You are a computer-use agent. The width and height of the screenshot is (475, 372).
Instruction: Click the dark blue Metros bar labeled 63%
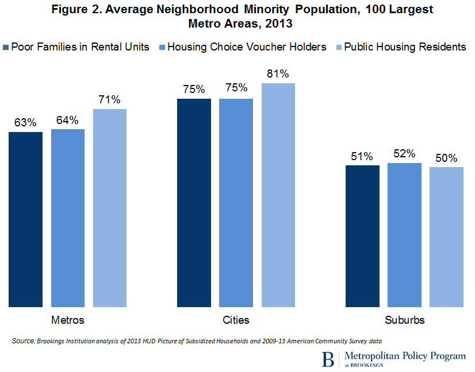click(25, 219)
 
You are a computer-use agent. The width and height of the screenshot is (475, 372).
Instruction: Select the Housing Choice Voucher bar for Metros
click(68, 218)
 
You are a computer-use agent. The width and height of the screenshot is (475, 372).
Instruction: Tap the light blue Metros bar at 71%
click(110, 208)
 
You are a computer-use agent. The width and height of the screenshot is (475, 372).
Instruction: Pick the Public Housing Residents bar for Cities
click(278, 195)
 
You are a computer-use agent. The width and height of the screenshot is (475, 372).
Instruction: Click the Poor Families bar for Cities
click(194, 203)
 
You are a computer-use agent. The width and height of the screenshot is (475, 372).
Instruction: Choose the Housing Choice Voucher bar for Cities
click(236, 203)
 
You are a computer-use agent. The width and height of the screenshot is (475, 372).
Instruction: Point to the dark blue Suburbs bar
click(362, 236)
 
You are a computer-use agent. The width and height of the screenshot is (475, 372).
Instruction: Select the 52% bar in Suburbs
click(404, 235)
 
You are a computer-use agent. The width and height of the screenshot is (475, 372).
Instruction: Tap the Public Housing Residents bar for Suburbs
click(446, 237)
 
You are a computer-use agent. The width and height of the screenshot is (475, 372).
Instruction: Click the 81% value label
click(278, 74)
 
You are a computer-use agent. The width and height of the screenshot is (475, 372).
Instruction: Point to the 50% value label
click(446, 158)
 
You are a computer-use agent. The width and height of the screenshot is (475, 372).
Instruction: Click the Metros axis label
click(68, 320)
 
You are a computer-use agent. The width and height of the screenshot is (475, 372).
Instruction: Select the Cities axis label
click(236, 320)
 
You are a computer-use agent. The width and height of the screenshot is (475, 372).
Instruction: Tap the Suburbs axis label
click(404, 320)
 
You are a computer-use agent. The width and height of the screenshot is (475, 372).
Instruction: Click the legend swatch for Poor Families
click(6, 47)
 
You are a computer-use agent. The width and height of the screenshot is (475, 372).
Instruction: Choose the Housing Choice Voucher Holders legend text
click(247, 47)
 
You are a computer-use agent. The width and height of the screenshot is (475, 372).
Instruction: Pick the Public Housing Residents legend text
click(405, 47)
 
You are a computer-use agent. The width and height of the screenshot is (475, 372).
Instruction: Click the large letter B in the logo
click(328, 360)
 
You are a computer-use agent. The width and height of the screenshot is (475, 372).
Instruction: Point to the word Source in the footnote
click(23, 341)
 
